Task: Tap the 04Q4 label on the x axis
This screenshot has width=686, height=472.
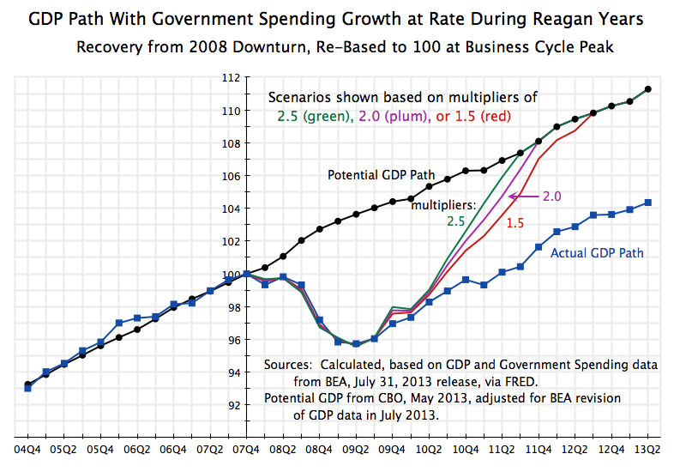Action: [28, 449]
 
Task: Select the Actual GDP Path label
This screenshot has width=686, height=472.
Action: [597, 253]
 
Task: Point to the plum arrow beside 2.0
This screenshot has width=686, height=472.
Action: [522, 197]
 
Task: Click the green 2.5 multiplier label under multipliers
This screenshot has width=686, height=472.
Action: [455, 221]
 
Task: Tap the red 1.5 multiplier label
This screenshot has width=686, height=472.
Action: [515, 222]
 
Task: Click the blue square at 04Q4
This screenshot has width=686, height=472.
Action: [28, 388]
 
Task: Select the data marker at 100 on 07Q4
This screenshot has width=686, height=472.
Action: [247, 274]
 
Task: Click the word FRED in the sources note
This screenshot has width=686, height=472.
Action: [521, 379]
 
